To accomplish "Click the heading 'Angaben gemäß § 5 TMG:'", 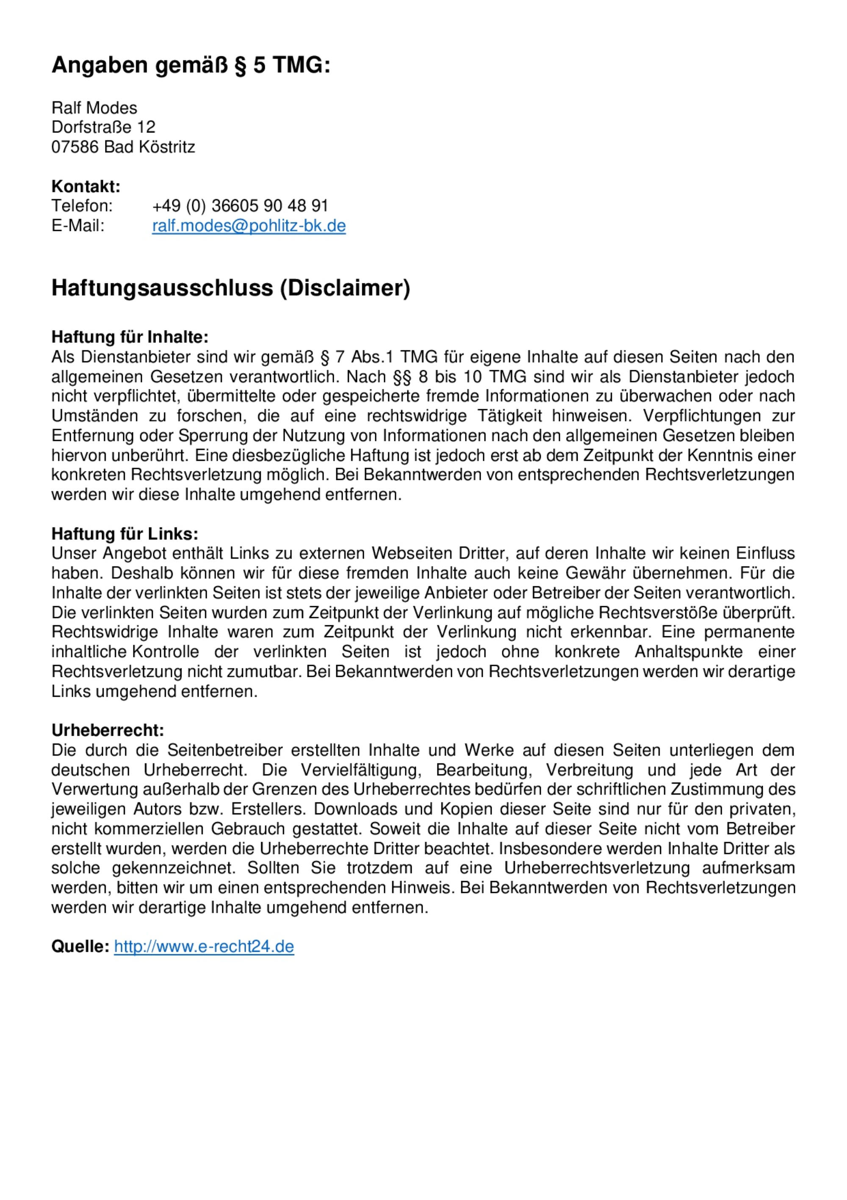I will (x=191, y=65).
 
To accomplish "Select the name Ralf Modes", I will (x=94, y=108).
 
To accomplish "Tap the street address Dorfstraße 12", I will (x=103, y=127).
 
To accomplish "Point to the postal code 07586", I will (x=75, y=147).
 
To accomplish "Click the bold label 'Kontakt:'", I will (x=86, y=186).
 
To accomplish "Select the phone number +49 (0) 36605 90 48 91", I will (x=240, y=206).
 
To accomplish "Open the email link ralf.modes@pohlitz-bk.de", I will (x=249, y=226).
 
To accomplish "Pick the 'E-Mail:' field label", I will (x=78, y=226).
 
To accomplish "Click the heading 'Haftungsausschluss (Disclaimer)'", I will (x=230, y=288).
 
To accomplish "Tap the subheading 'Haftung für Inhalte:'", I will (x=130, y=337).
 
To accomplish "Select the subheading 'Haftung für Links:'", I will (x=125, y=534).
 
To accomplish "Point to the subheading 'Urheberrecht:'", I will (x=108, y=730).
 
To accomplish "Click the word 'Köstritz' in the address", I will (x=167, y=147).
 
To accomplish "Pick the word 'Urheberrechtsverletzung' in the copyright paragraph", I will (x=597, y=867).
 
